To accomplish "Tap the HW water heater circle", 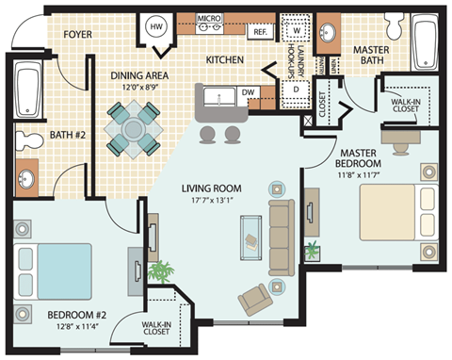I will pos(157,27).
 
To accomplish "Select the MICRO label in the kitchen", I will pos(208,18).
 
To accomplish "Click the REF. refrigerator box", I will pos(260,31).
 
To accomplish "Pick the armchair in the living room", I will pos(255,299).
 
